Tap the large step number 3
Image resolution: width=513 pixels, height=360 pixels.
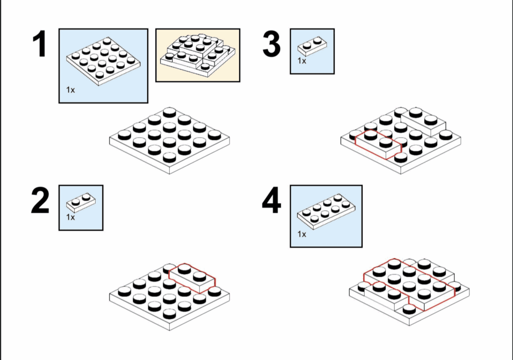point(272,44)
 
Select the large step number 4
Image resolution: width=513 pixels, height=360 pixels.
point(271,200)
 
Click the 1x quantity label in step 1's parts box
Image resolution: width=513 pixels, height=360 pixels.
point(70,90)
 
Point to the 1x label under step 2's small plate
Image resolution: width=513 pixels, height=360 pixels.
point(70,217)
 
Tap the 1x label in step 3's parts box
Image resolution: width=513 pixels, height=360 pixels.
point(302,61)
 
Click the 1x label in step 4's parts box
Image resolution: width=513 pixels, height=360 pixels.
point(302,234)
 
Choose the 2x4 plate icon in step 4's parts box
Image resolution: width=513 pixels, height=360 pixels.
point(326,212)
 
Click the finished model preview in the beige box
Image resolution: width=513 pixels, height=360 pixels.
point(197,56)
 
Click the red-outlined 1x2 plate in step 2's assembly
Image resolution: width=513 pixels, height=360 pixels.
point(192,278)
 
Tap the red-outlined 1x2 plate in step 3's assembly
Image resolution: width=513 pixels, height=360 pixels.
point(378,144)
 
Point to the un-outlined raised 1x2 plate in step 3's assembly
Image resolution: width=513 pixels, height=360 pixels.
point(424,122)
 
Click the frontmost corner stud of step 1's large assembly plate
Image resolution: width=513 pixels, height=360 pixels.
point(169,157)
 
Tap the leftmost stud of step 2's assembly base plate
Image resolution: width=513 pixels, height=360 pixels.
point(125,291)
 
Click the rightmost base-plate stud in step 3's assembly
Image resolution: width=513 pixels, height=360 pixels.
point(446,135)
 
